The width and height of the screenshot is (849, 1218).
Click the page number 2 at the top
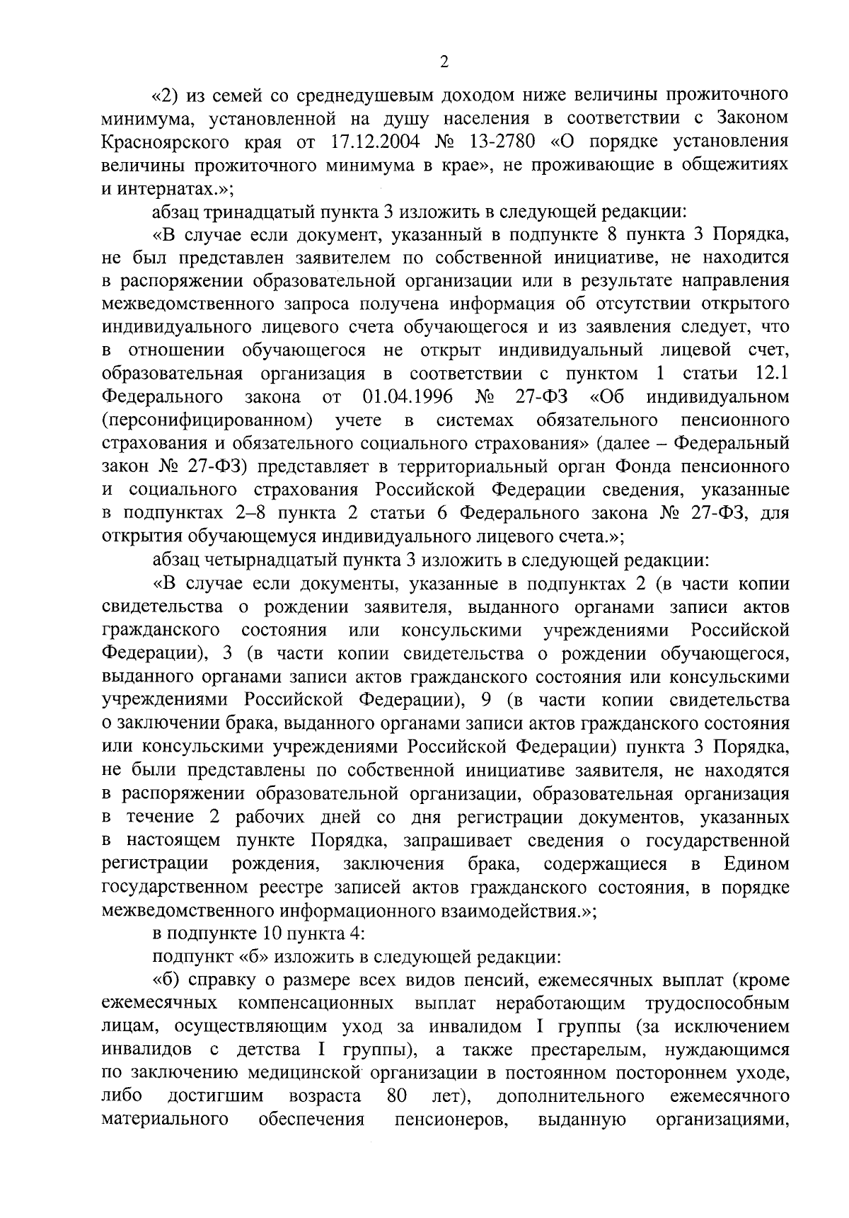coord(444,62)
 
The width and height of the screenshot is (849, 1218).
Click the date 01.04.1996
coord(408,397)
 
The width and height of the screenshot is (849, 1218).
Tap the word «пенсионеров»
coord(452,1120)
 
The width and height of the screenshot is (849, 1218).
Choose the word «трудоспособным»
coord(717,1004)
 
